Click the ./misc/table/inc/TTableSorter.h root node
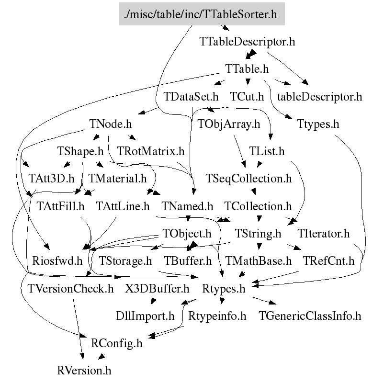tap(202, 14)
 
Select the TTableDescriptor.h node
tap(247, 42)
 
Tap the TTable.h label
tap(247, 69)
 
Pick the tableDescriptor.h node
tap(319, 97)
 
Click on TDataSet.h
tap(191, 97)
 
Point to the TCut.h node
tap(247, 97)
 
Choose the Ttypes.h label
tap(318, 124)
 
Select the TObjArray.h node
tap(228, 124)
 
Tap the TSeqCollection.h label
tap(249, 179)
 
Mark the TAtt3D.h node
tap(51, 179)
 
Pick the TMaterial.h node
tap(117, 179)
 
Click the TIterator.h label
tap(324, 234)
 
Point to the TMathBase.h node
tap(259, 261)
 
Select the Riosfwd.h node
tap(57, 261)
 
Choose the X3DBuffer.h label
tap(158, 289)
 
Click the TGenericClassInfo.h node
tap(310, 316)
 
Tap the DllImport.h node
tap(145, 316)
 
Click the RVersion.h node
tap(84, 371)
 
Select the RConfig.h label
tap(116, 344)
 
